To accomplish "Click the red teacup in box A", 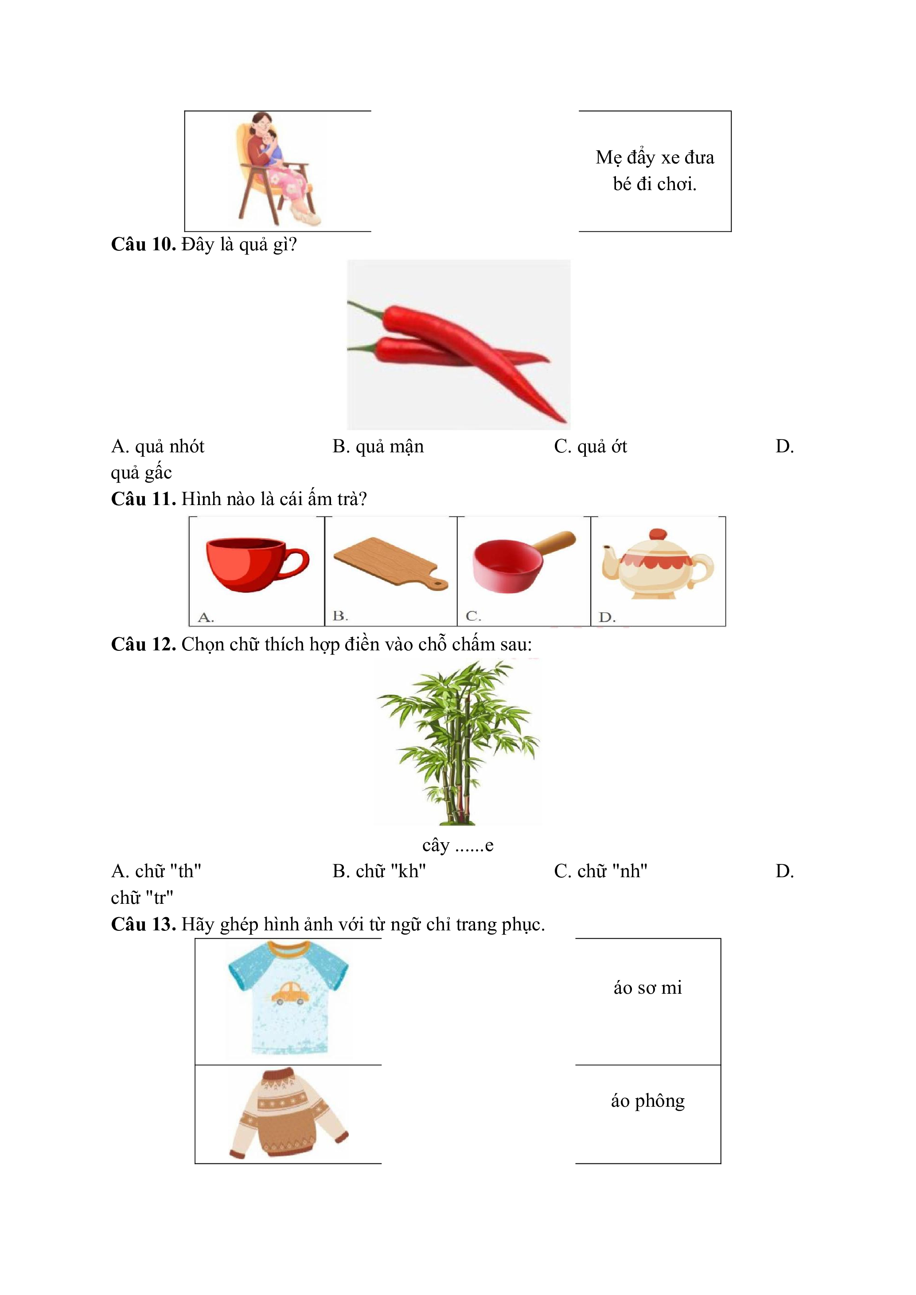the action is [x=257, y=564].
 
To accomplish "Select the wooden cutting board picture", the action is [x=390, y=564].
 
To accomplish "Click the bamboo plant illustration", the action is [x=458, y=742].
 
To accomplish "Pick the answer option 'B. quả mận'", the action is [x=378, y=446].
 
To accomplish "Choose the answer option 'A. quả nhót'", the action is [x=157, y=446].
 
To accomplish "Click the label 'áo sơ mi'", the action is [x=647, y=988].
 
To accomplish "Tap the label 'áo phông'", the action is [x=647, y=1101].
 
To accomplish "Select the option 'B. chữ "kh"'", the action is [x=379, y=871].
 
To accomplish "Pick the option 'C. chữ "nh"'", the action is [x=601, y=871].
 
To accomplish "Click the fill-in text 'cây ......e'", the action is [x=458, y=845].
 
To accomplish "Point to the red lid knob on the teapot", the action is [x=658, y=535].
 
